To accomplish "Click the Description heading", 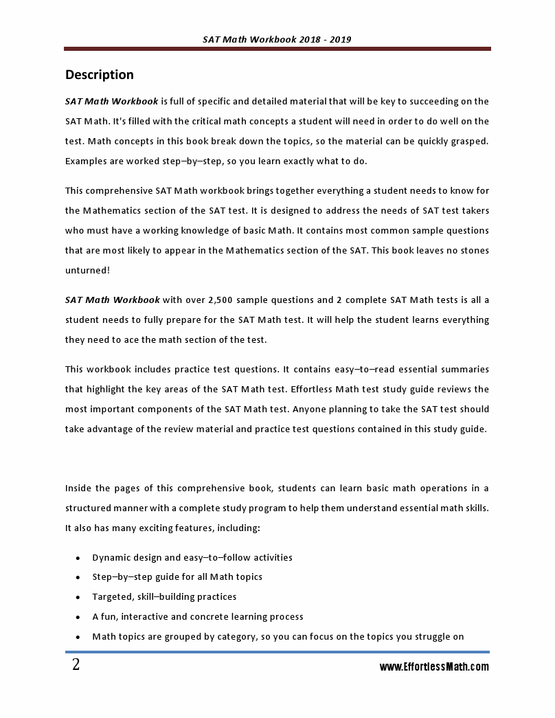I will point(99,75).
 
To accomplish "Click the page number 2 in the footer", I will point(76,665).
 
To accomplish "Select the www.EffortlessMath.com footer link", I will point(434,666).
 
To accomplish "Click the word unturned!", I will point(87,271).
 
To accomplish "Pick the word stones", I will point(474,251).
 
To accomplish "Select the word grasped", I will point(469,142).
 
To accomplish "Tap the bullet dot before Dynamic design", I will point(78,558).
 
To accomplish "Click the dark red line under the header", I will point(277,49).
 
